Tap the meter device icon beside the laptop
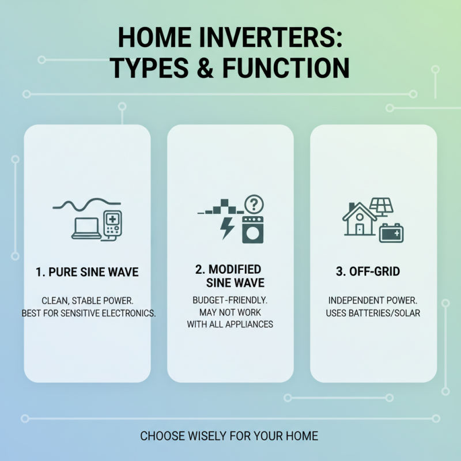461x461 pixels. pyautogui.click(x=112, y=225)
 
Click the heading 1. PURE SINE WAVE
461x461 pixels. pyautogui.click(x=86, y=271)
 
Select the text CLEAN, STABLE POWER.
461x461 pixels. pyautogui.click(x=86, y=301)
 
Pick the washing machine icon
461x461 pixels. pyautogui.click(x=252, y=229)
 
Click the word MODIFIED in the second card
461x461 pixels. pyautogui.click(x=235, y=270)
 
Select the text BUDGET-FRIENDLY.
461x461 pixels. pyautogui.click(x=230, y=300)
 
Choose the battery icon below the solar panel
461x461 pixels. pyautogui.click(x=392, y=233)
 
